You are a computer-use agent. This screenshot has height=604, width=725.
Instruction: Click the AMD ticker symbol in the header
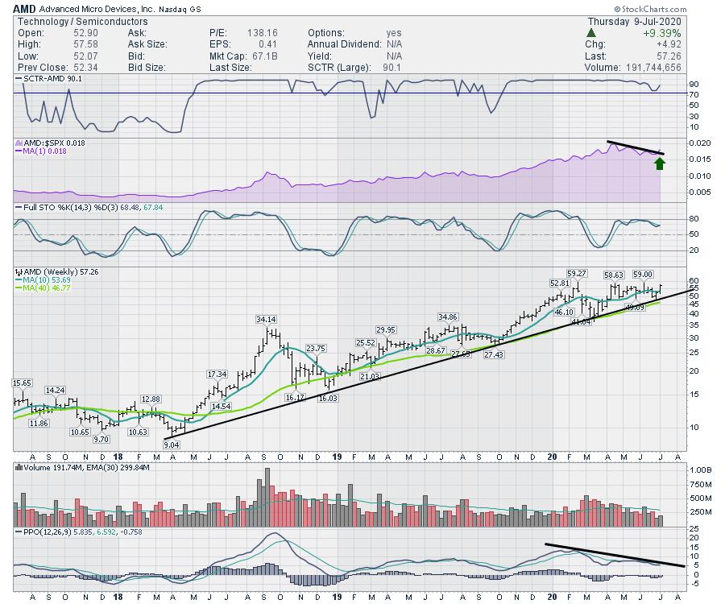tap(23, 9)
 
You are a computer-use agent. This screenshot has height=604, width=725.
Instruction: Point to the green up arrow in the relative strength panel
tap(660, 163)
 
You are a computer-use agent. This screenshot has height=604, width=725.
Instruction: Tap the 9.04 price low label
tap(171, 444)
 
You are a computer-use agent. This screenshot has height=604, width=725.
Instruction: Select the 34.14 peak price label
tap(267, 320)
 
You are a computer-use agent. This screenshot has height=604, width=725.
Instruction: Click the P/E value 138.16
tap(262, 33)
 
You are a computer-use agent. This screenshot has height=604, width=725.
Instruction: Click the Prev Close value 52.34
tap(89, 68)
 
